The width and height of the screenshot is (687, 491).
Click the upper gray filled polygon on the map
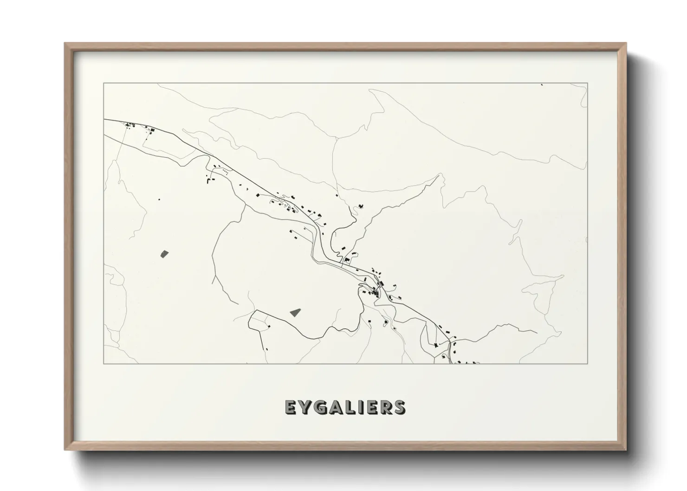pyautogui.click(x=164, y=253)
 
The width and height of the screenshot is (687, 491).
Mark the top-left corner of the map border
pyautogui.click(x=104, y=83)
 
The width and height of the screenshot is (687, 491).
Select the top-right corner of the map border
pyautogui.click(x=588, y=83)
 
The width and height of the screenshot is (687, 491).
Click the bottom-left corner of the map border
pyautogui.click(x=104, y=364)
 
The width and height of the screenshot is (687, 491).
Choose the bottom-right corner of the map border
pyautogui.click(x=588, y=364)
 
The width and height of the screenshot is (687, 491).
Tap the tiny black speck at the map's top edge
pyautogui.click(x=542, y=84)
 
